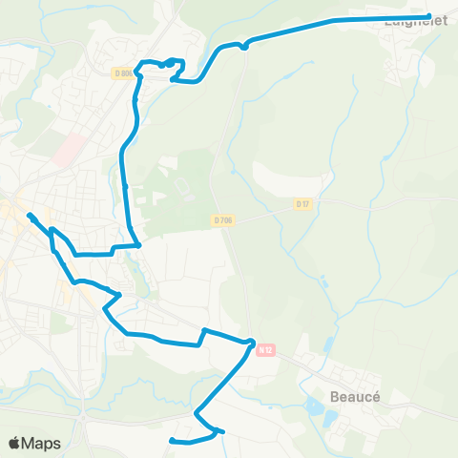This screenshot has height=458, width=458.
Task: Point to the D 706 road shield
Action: pos(222,220)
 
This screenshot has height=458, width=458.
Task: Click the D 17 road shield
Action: pos(303,203)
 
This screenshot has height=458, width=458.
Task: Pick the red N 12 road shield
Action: pos(265,350)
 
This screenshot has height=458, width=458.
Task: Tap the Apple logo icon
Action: pos(13,444)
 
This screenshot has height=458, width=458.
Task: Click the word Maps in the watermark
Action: pos(42,444)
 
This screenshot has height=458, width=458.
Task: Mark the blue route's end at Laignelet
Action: pos(429,15)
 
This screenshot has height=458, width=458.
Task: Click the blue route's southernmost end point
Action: pos(172,441)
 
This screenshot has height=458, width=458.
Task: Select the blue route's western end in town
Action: pos(30,215)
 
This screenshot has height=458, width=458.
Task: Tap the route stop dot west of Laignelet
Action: pos(245,45)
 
